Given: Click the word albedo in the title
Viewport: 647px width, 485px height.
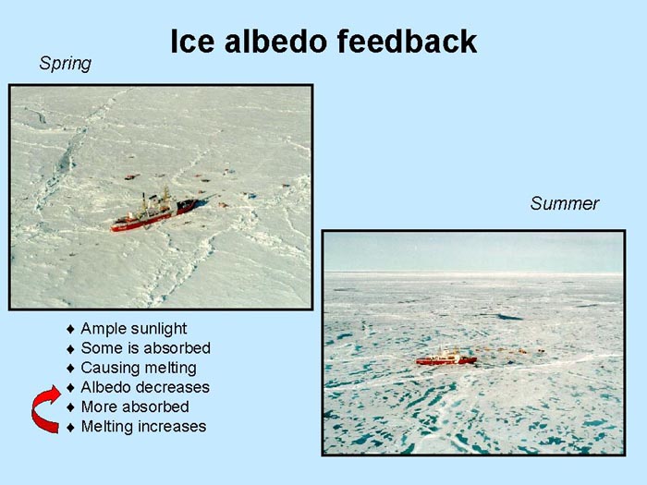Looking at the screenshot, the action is [276, 42].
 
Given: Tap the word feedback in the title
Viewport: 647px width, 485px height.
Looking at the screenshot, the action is [407, 42].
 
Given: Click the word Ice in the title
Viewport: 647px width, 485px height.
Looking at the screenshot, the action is [192, 42].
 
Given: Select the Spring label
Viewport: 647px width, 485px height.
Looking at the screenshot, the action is [66, 64].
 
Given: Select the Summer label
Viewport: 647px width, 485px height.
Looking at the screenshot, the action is [565, 203].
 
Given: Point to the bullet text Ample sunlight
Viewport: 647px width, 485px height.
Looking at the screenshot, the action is [134, 329].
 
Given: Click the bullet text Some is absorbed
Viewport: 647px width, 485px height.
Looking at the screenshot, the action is [146, 348].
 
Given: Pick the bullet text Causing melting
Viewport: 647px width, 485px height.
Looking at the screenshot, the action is [139, 368].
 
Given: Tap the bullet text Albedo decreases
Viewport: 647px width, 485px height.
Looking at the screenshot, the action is [145, 387].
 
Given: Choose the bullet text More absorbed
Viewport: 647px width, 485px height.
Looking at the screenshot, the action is [135, 406].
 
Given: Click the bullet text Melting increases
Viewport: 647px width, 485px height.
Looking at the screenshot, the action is [143, 427].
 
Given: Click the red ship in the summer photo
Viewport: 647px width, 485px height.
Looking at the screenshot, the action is [446, 358].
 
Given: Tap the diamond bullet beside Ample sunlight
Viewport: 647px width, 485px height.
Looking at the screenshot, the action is [70, 329].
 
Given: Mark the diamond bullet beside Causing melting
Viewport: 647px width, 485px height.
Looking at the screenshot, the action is [70, 369].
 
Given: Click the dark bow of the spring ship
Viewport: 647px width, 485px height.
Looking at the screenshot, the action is [188, 205].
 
